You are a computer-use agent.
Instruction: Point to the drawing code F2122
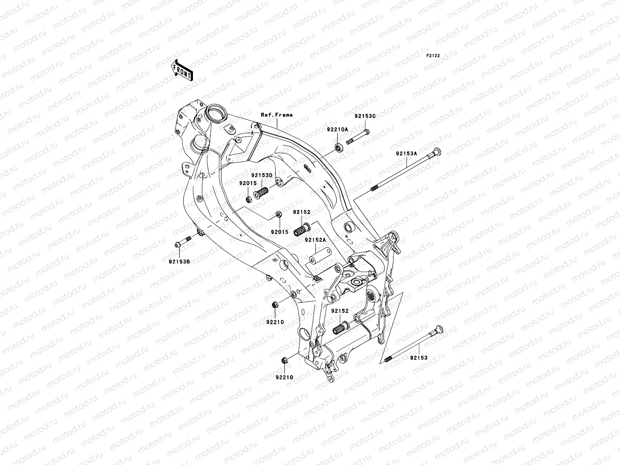pyautogui.click(x=433, y=56)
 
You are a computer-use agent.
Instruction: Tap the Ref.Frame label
pyautogui.click(x=277, y=115)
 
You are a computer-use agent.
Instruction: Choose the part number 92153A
pyautogui.click(x=406, y=153)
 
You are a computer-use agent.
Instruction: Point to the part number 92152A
pyautogui.click(x=315, y=240)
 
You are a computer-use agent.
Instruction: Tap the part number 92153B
pyautogui.click(x=179, y=261)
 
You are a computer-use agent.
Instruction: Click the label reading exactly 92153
pyautogui.click(x=419, y=358)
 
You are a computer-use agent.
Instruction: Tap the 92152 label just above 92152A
pyautogui.click(x=301, y=212)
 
